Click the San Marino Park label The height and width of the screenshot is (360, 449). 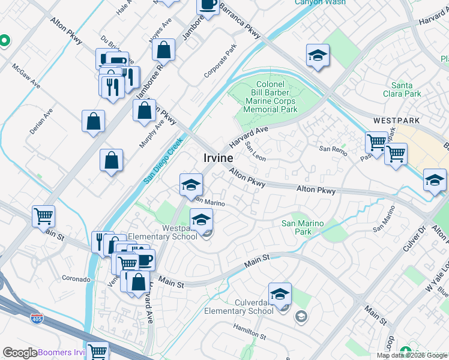[303, 227]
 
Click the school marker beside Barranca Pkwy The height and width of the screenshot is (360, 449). [318, 56]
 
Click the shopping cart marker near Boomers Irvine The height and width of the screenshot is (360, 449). [97, 351]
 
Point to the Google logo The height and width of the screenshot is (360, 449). [20, 353]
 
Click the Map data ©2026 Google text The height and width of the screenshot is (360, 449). [411, 355]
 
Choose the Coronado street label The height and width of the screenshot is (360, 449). [76, 279]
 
